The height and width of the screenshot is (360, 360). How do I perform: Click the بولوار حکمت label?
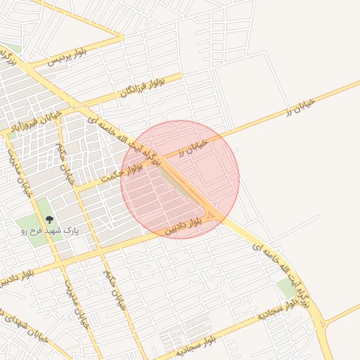coord(121,174)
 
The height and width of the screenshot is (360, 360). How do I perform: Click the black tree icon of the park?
coord(49,220)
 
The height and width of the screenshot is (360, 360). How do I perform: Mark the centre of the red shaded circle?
coord(180,179)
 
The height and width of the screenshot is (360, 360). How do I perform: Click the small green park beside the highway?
coord(286,288)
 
